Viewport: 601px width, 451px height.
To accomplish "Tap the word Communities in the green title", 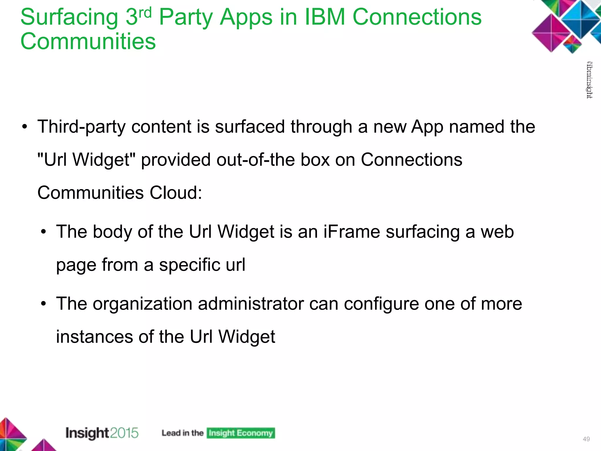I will pyautogui.click(x=88, y=41).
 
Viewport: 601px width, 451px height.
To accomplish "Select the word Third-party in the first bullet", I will pyautogui.click(x=81, y=127).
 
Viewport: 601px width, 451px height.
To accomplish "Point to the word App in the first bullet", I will pyautogui.click(x=427, y=127).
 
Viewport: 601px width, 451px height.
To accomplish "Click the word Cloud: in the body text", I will pyautogui.click(x=176, y=193).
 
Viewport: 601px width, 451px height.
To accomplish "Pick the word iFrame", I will pyautogui.click(x=352, y=232).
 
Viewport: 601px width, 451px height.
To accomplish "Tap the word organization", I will pyautogui.click(x=143, y=304).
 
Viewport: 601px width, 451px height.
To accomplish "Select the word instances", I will pyautogui.click(x=94, y=336).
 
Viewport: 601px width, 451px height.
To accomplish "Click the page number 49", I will pyautogui.click(x=586, y=439).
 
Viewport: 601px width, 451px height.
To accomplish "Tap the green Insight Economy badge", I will pyautogui.click(x=241, y=433).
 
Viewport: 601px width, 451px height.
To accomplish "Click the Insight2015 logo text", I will pyautogui.click(x=102, y=433).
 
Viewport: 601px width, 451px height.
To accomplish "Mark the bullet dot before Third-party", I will pyautogui.click(x=25, y=127).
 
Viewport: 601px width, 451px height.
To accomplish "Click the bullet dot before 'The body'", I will pyautogui.click(x=44, y=232).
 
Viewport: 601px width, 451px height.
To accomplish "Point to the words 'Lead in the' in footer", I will pyautogui.click(x=183, y=433).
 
